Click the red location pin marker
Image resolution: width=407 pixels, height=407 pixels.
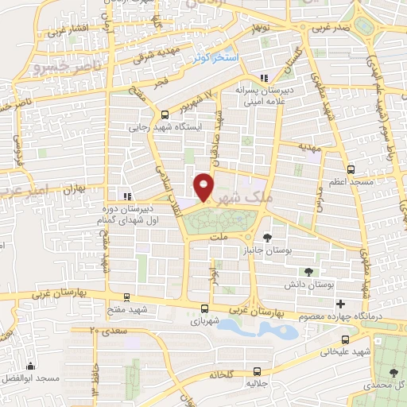point(204,188)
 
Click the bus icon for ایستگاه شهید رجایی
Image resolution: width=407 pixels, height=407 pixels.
point(165,114)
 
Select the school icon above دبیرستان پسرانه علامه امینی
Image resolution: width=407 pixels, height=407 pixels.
point(263,78)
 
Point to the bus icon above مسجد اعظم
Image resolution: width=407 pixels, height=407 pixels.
point(351,169)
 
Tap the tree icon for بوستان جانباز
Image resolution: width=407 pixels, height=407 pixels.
point(267,237)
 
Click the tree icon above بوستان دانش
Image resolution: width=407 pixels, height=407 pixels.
point(308,272)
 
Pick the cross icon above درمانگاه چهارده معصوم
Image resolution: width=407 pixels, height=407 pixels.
point(341,303)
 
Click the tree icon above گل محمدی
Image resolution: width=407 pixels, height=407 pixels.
point(395,371)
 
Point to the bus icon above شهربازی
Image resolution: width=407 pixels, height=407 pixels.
point(205,308)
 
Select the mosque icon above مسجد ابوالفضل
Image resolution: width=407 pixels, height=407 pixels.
point(31,366)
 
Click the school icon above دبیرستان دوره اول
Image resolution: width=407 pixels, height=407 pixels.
point(125,196)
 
